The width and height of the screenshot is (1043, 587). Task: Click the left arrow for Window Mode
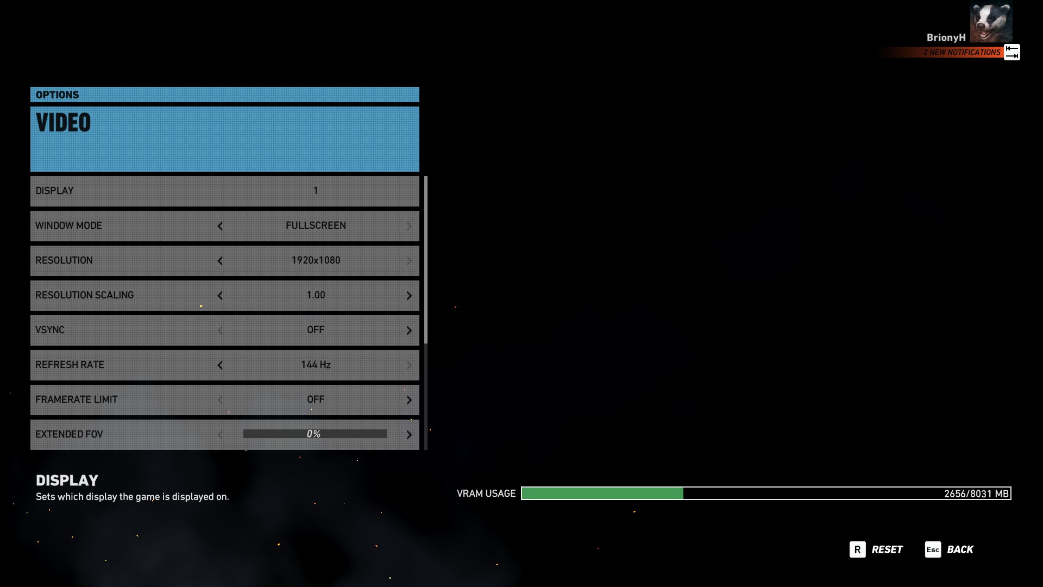tap(220, 226)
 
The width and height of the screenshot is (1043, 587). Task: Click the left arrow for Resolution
tap(220, 261)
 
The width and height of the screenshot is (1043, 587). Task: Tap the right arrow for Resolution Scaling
tap(409, 296)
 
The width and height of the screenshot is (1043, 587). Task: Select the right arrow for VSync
tap(409, 330)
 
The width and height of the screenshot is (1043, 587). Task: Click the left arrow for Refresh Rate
tap(220, 365)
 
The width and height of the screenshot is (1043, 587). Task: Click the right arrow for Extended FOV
tap(409, 435)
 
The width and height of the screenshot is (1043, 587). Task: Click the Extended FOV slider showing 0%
tap(315, 434)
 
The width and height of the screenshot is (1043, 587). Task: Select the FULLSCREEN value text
tap(316, 226)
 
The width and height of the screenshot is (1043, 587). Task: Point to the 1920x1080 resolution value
tap(316, 260)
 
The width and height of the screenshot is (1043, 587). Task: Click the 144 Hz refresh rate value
tap(316, 365)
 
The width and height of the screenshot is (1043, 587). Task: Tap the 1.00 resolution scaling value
tap(316, 295)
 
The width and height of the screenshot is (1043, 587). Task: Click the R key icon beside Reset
tap(857, 549)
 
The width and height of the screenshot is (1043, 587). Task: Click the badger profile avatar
tap(991, 22)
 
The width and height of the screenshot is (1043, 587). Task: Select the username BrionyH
tap(946, 38)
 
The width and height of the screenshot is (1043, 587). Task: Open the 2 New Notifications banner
tap(962, 52)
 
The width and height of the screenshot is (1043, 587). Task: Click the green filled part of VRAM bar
tap(602, 494)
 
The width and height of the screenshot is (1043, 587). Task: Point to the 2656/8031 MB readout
tap(976, 494)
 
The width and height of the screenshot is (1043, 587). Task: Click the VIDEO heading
tap(64, 123)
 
